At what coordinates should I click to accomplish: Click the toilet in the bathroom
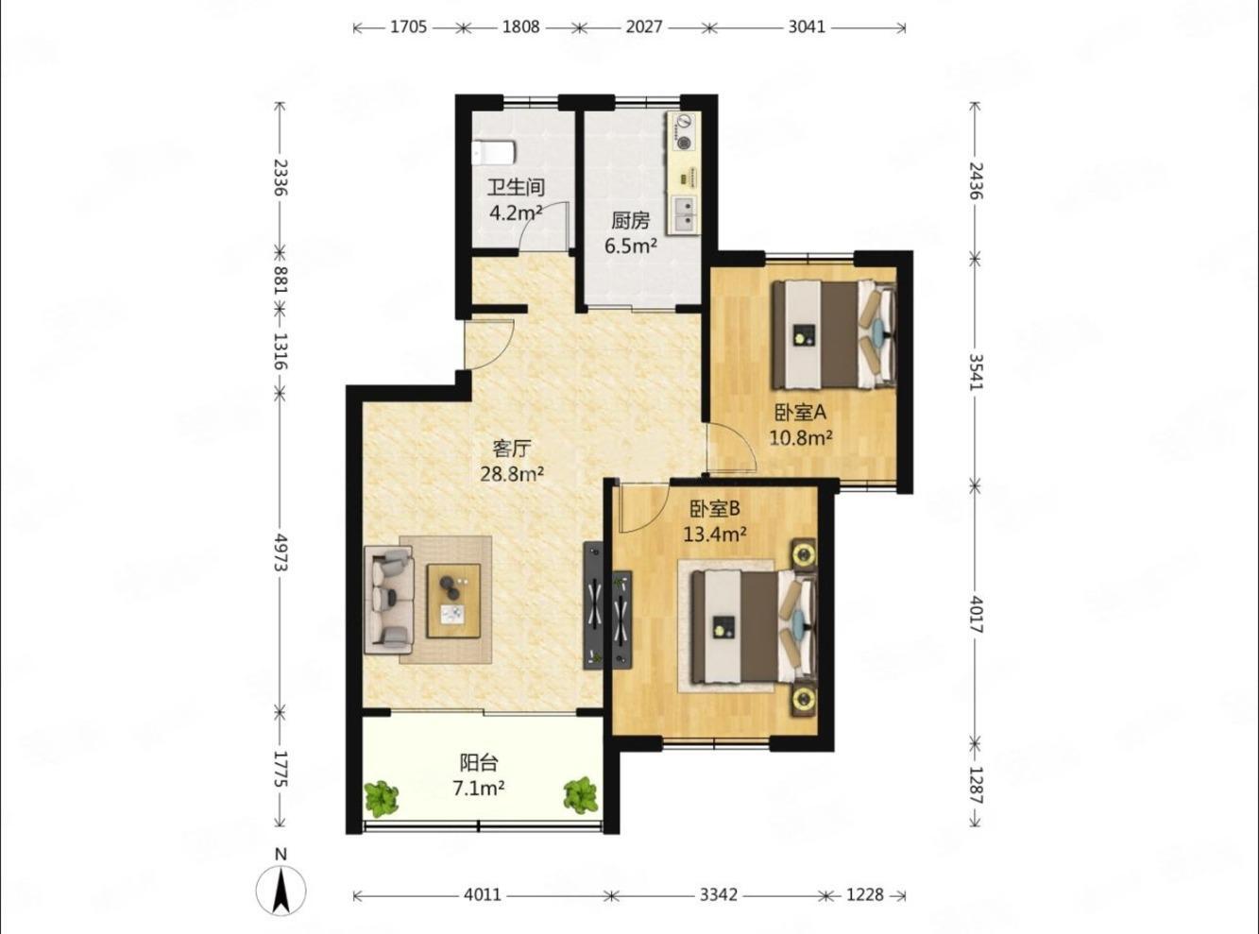pyautogui.click(x=493, y=152)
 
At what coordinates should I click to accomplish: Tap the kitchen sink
pyautogui.click(x=685, y=214)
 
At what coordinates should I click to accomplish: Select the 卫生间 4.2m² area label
pyautogui.click(x=516, y=200)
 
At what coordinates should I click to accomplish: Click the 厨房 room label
pyautogui.click(x=630, y=220)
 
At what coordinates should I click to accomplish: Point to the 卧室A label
pyautogui.click(x=800, y=413)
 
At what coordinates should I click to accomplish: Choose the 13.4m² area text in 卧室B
pyautogui.click(x=714, y=534)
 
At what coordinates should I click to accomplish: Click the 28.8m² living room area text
pyautogui.click(x=512, y=473)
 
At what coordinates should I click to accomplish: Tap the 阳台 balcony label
pyautogui.click(x=479, y=762)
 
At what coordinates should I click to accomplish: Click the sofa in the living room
pyautogui.click(x=389, y=600)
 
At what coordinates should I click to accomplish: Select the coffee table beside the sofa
pyautogui.click(x=453, y=600)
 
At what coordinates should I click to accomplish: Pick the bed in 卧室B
pyautogui.click(x=755, y=627)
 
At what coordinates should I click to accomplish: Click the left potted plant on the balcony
pyautogui.click(x=381, y=796)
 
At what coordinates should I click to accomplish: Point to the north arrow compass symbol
pyautogui.click(x=281, y=892)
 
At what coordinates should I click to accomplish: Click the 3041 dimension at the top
pyautogui.click(x=807, y=26)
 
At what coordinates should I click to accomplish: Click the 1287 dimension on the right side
pyautogui.click(x=976, y=785)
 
